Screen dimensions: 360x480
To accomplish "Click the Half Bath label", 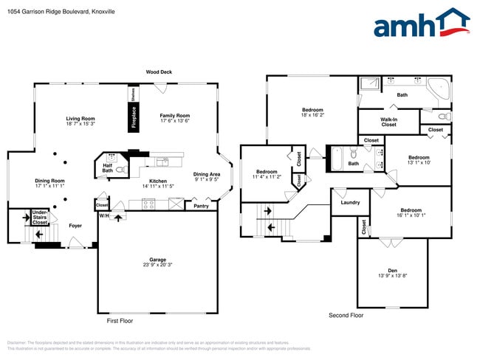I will (x=108, y=168).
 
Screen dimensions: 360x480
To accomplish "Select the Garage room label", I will (x=157, y=260).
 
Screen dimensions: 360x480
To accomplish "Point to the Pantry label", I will (x=201, y=206).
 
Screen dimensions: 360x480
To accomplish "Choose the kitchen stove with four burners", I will (x=147, y=205).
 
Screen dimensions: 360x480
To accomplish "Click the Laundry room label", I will (x=350, y=201).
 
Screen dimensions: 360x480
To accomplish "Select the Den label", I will (x=392, y=270).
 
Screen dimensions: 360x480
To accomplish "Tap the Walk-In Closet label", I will (x=388, y=122).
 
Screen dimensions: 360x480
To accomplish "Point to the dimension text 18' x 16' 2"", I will (x=312, y=115).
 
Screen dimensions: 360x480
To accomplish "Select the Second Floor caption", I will (x=347, y=315).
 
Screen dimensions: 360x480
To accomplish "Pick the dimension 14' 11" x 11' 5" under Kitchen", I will (x=158, y=186).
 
